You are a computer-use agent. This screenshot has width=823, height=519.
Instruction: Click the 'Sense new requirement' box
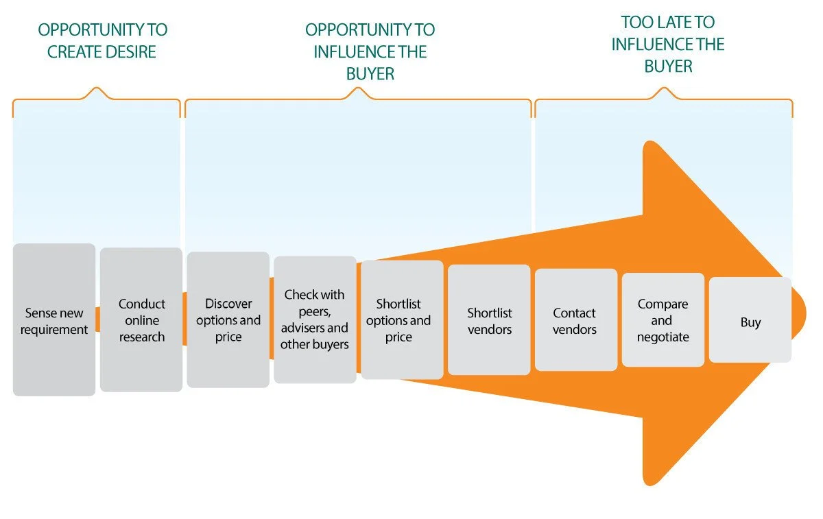(54, 319)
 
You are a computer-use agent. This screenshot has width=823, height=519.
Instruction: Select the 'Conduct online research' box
(141, 319)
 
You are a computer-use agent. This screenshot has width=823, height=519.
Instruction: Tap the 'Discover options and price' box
(228, 319)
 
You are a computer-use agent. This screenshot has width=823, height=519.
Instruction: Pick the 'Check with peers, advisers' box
(315, 319)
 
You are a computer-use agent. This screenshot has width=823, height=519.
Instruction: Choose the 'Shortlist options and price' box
(402, 319)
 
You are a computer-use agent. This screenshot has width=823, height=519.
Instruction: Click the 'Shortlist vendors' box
(489, 319)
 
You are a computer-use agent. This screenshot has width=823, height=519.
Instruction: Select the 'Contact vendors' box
(576, 319)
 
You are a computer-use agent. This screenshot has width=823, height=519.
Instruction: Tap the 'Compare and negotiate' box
(663, 319)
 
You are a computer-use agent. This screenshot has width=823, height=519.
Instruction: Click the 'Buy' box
(750, 319)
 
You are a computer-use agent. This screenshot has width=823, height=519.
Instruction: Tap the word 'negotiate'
(663, 337)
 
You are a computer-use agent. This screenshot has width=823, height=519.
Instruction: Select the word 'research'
(142, 337)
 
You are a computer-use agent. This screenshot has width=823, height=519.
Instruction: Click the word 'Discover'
(228, 304)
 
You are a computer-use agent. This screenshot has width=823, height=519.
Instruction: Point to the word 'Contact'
(574, 313)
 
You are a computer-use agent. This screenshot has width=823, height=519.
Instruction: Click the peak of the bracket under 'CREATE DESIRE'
(97, 88)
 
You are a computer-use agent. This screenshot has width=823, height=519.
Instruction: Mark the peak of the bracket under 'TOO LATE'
(664, 88)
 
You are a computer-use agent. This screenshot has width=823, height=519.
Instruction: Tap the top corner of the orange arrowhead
(649, 141)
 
